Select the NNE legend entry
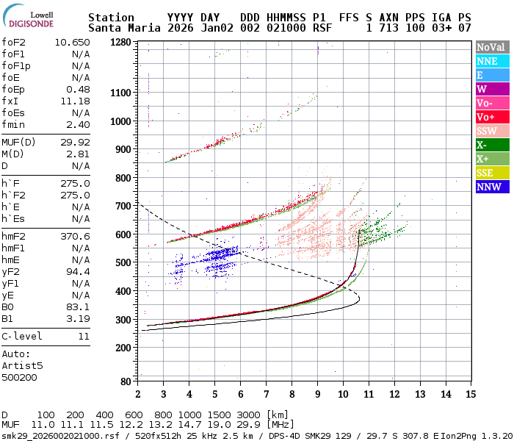pos(491,61)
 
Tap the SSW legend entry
pos(491,131)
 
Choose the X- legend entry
pos(491,145)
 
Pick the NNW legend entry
pos(491,187)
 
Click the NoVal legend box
pos(491,47)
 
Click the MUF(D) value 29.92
pos(76,142)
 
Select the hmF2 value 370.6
pos(76,236)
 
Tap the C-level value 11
pos(84,336)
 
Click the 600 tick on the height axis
pos(123,234)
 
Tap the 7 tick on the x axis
pos(266,393)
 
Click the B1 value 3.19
pos(78,318)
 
